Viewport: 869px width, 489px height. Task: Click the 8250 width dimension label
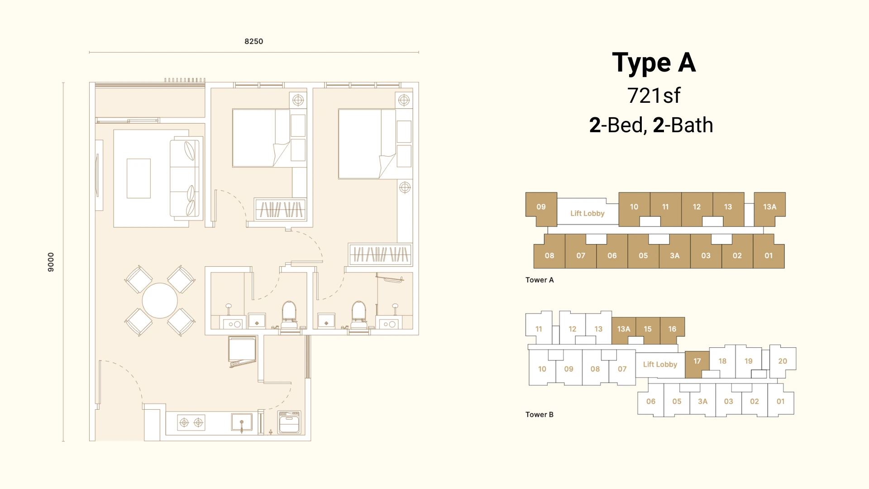coord(253,41)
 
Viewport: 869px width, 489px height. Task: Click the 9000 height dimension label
coord(51,262)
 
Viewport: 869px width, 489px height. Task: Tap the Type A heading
coord(654,63)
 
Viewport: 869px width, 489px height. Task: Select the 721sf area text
coord(654,96)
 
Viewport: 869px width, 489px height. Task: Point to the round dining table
coord(160,301)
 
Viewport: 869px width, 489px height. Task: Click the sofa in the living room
coord(185,178)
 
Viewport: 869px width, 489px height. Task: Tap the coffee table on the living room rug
coord(138,178)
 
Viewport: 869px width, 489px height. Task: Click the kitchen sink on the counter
coord(242,423)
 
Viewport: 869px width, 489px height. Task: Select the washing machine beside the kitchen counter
coord(289,422)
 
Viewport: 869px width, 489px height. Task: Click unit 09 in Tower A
coord(541,209)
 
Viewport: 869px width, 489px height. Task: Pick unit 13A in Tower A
coord(769,209)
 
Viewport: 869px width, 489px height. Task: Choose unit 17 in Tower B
coord(697,364)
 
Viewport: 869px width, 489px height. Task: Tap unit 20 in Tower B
coord(783,361)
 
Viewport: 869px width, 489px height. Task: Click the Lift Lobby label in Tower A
coord(587,213)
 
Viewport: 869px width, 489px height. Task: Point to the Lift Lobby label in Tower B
coord(660,364)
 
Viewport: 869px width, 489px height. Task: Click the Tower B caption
coord(540,414)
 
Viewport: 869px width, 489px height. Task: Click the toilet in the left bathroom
coord(289,315)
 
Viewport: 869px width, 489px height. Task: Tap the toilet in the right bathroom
coord(359,315)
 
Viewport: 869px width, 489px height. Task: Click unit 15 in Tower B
coord(648,329)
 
